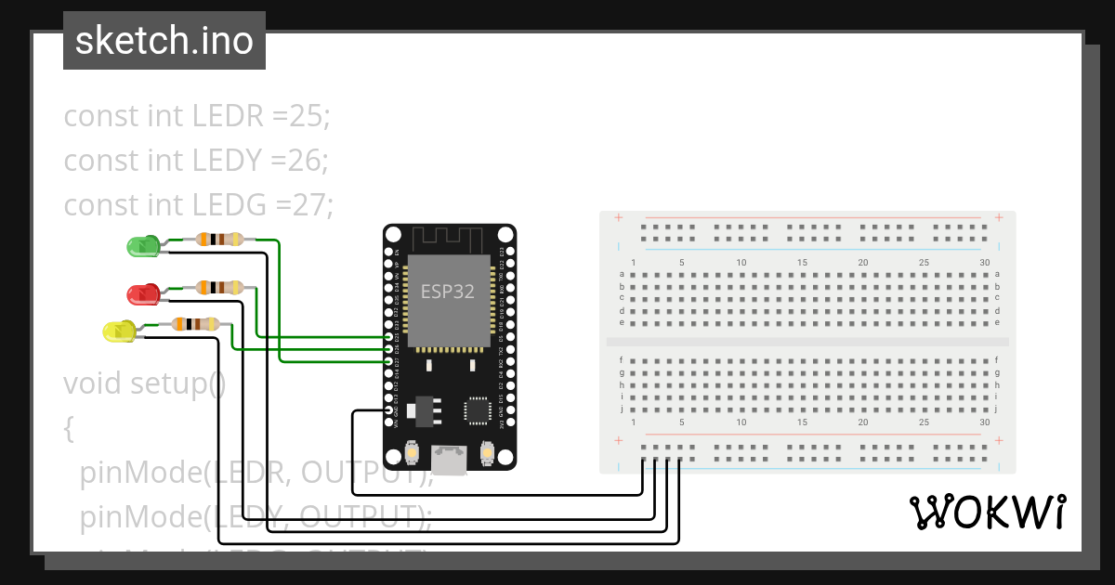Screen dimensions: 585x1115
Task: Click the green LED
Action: point(142,246)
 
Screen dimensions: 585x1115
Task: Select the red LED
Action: point(142,294)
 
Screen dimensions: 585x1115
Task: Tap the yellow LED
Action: point(118,331)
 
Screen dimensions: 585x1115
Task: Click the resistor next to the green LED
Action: point(219,240)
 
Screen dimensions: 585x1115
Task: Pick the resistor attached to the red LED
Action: point(219,288)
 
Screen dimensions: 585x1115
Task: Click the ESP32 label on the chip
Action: point(448,292)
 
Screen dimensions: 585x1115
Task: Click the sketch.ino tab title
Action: point(164,41)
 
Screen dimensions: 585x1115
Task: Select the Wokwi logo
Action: point(986,512)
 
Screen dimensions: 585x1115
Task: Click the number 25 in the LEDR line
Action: point(308,117)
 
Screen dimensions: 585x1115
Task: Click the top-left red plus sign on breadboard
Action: point(618,218)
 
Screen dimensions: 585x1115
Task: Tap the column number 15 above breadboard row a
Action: point(802,263)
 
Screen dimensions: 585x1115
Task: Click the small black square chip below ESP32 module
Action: point(479,409)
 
